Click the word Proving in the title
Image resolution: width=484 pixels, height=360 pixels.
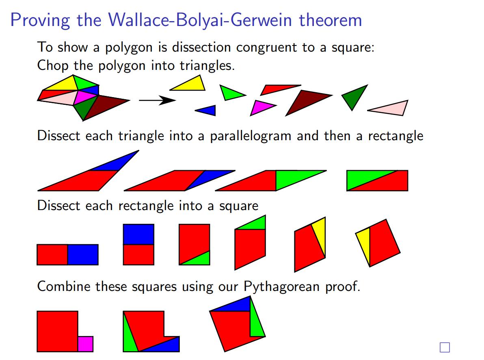(40, 20)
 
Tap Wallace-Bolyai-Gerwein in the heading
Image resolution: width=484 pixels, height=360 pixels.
(200, 20)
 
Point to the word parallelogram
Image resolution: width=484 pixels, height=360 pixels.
(251, 136)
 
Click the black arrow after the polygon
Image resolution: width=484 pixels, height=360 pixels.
(158, 100)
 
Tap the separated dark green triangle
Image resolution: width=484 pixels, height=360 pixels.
(354, 95)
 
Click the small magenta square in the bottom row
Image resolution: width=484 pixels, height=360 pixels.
(86, 344)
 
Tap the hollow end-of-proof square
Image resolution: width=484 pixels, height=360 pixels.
(445, 347)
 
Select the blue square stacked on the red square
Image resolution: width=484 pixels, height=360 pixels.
(138, 234)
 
